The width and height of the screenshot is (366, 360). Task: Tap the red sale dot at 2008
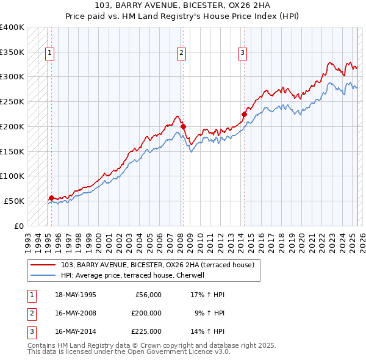click(183, 126)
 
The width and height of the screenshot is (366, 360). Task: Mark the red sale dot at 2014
click(244, 114)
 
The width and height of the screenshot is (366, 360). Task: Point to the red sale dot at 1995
click(51, 198)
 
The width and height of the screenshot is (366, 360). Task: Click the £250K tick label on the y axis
click(12, 101)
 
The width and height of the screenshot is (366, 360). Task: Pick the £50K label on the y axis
click(15, 201)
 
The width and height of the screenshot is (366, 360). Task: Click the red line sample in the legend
click(44, 265)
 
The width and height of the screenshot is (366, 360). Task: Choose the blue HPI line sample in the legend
click(44, 275)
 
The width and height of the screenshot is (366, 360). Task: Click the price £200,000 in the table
click(146, 313)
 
